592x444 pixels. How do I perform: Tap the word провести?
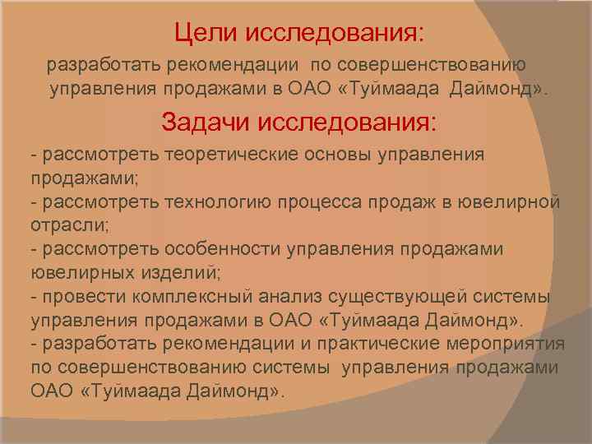pos(81,296)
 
